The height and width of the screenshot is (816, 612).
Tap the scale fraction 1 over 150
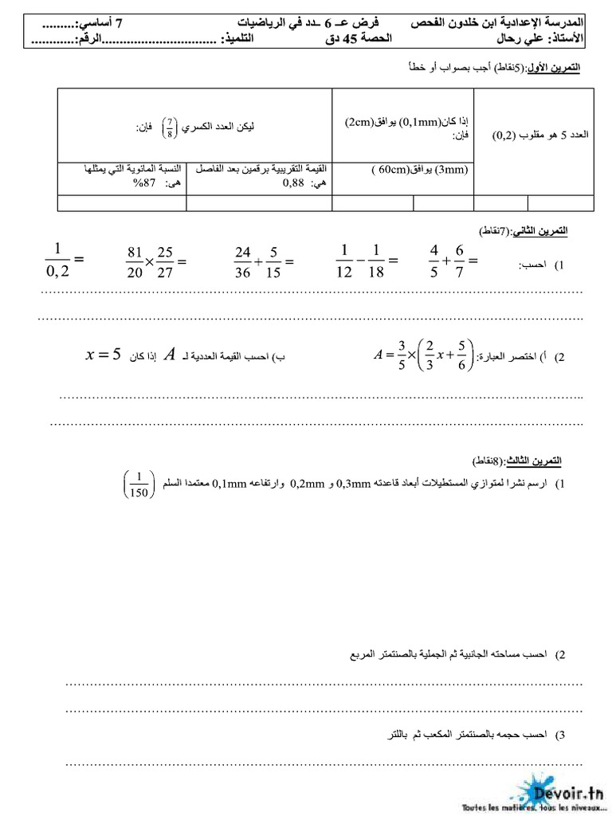(138, 484)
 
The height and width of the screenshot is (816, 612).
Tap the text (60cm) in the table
(391, 170)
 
